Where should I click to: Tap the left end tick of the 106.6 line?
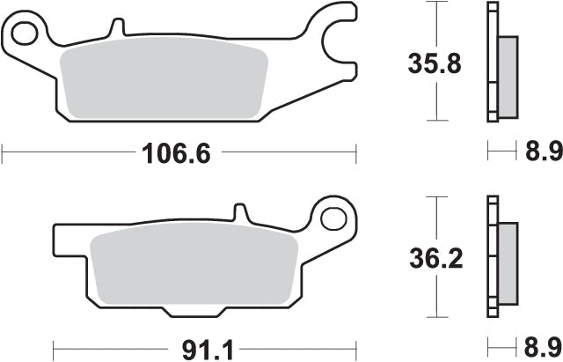pos(3,155)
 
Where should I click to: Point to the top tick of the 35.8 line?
pos(435,3)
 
